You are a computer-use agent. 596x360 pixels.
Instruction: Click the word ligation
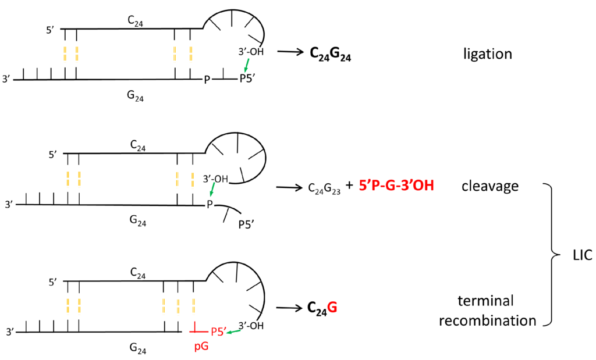(488, 55)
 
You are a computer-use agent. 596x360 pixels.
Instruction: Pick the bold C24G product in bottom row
(322, 308)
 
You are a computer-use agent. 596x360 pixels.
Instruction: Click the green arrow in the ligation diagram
(247, 63)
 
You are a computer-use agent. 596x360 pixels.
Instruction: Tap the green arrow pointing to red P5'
(235, 331)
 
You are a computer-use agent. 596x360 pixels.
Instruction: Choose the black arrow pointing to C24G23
(289, 187)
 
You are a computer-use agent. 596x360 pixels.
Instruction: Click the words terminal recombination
(488, 311)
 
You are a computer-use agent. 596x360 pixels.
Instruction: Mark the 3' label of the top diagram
(6, 78)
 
